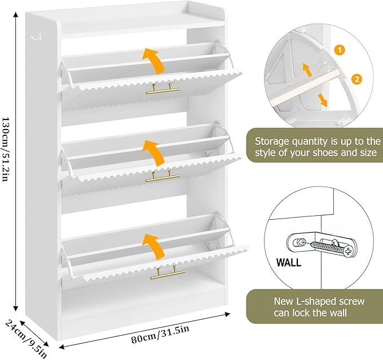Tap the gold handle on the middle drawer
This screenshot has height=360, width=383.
tap(162, 177)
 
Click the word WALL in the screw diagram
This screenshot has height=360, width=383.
tap(289, 263)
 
